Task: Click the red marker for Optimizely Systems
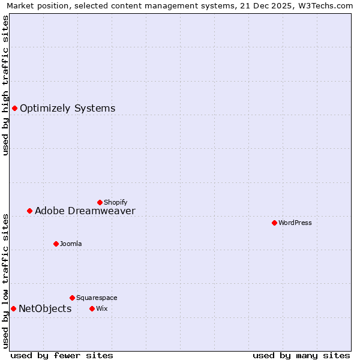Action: pyautogui.click(x=14, y=108)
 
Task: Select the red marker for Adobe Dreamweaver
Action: pyautogui.click(x=29, y=211)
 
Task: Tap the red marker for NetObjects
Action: pyautogui.click(x=13, y=308)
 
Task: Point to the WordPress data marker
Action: pyautogui.click(x=274, y=223)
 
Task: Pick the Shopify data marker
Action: pyautogui.click(x=100, y=202)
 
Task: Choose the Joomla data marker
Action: pyautogui.click(x=56, y=244)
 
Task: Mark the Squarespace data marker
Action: pyautogui.click(x=72, y=298)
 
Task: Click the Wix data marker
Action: pyautogui.click(x=92, y=308)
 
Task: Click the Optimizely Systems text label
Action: pyautogui.click(x=67, y=109)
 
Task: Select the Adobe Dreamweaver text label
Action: pyautogui.click(x=85, y=211)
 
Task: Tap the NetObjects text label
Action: pyautogui.click(x=45, y=309)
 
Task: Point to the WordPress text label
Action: pyautogui.click(x=295, y=223)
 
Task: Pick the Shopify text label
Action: pyautogui.click(x=115, y=203)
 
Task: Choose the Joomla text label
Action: pyautogui.click(x=71, y=244)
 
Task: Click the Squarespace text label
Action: pyautogui.click(x=97, y=298)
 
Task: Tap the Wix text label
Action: pyautogui.click(x=101, y=309)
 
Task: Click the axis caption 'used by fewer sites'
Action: pyautogui.click(x=62, y=355)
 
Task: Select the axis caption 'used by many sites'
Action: pyautogui.click(x=301, y=355)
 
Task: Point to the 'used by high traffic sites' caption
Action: pyautogui.click(x=6, y=85)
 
